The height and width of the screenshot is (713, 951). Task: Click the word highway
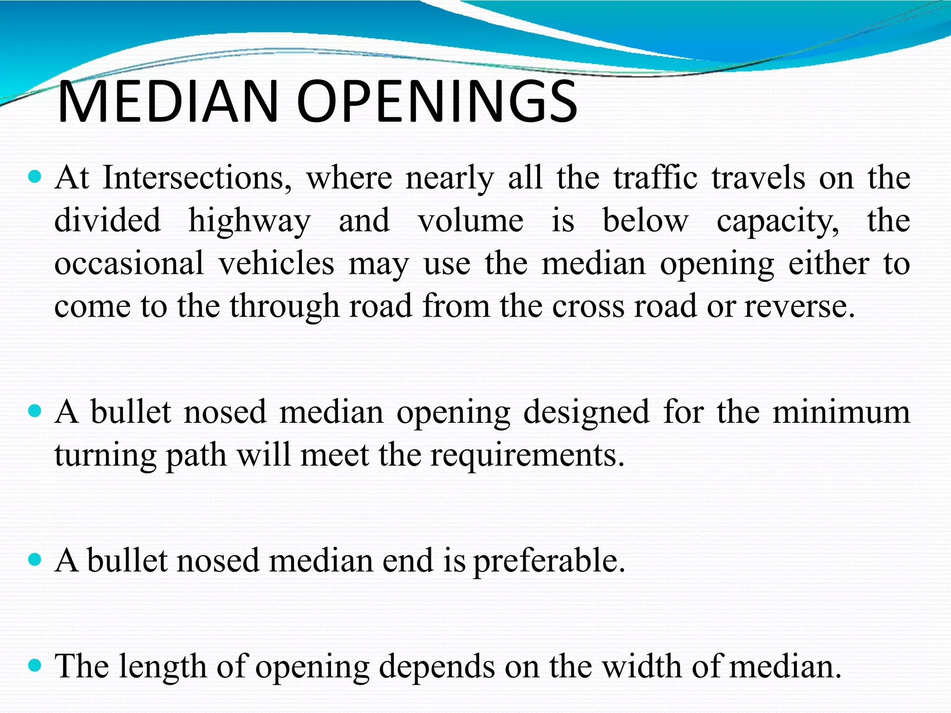pyautogui.click(x=249, y=221)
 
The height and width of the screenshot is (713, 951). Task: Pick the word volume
pyautogui.click(x=470, y=220)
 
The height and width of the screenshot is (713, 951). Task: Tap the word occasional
pyautogui.click(x=129, y=264)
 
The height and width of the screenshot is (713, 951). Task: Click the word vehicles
pyautogui.click(x=276, y=264)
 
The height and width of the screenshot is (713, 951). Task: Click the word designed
pyautogui.click(x=586, y=412)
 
